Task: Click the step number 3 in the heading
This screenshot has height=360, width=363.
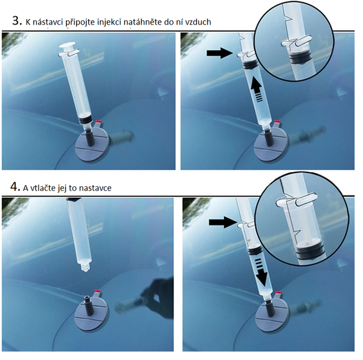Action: [x=17, y=21]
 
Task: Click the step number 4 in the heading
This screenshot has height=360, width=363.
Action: [x=15, y=187]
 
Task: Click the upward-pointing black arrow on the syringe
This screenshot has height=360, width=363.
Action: [x=257, y=89]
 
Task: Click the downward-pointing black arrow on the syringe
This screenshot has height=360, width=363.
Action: [x=261, y=272]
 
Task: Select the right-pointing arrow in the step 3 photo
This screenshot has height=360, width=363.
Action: [x=219, y=53]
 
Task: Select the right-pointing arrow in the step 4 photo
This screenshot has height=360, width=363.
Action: [x=223, y=222]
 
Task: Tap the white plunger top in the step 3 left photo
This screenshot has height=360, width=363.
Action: [x=68, y=46]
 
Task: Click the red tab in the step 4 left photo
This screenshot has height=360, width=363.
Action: [x=98, y=292]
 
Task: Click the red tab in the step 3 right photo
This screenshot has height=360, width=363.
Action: [x=277, y=122]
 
